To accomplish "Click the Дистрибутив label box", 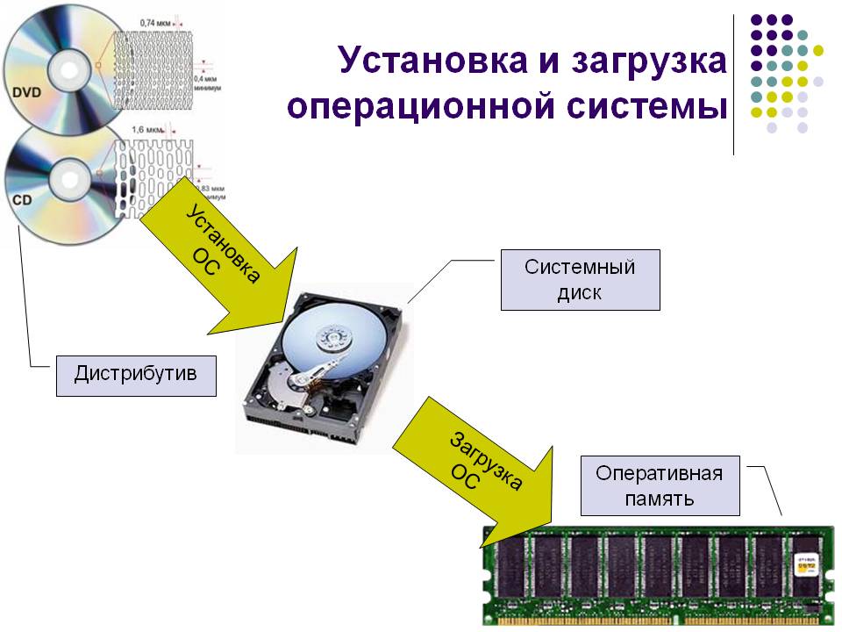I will coord(135,375).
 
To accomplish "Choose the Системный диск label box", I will coord(580,280).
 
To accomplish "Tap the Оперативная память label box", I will coord(660,486).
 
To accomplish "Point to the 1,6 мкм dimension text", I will coord(150,130).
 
